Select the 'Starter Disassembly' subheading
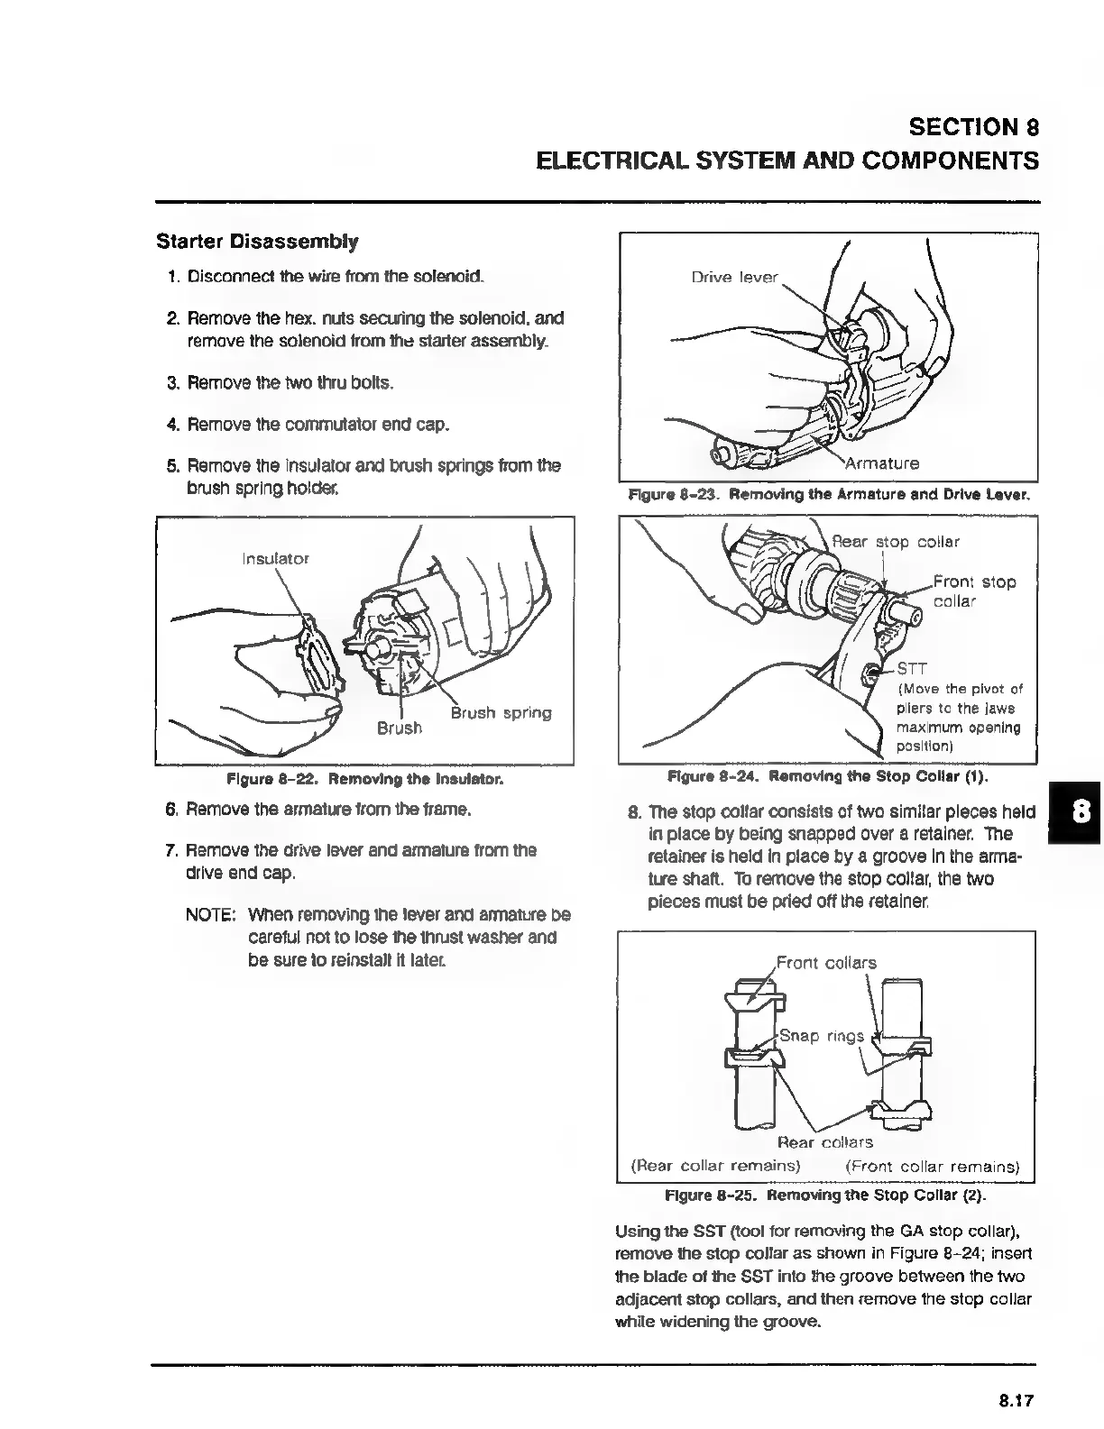(x=257, y=242)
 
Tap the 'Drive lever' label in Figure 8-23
(x=734, y=277)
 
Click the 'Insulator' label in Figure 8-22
(x=276, y=558)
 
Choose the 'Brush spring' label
(x=501, y=713)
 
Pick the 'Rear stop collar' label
(x=895, y=542)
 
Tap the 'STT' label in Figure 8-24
(x=911, y=670)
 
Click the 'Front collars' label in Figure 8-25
(x=826, y=962)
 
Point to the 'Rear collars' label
(x=824, y=1142)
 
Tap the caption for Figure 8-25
(x=824, y=1195)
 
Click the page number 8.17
(x=1015, y=1400)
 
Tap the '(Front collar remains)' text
(x=932, y=1166)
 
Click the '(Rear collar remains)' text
(x=715, y=1166)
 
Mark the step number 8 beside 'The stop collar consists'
(x=633, y=811)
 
